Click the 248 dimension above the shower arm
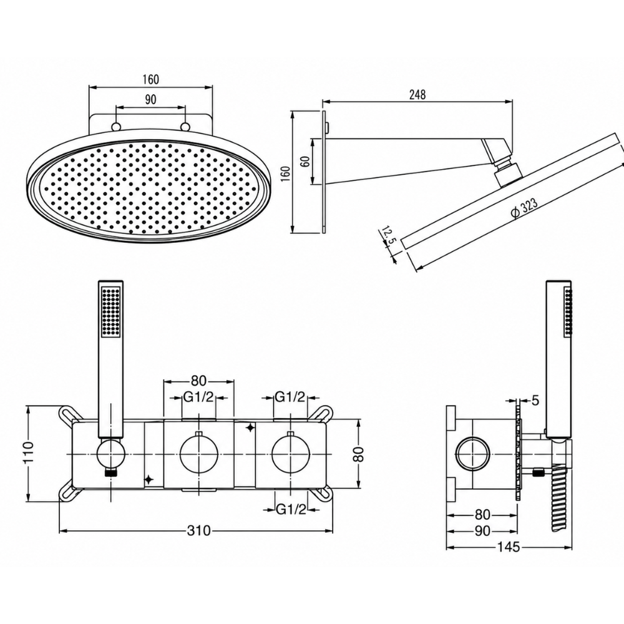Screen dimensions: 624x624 pyautogui.click(x=417, y=95)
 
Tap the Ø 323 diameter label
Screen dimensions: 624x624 pyautogui.click(x=524, y=207)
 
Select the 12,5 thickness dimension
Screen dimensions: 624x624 pyautogui.click(x=387, y=236)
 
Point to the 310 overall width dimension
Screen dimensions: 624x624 pyautogui.click(x=198, y=530)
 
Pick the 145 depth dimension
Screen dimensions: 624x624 pyautogui.click(x=508, y=547)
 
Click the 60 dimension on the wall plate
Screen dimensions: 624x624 pyautogui.click(x=305, y=162)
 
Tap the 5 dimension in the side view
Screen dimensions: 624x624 pyautogui.click(x=535, y=401)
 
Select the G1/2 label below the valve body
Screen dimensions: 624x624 pyautogui.click(x=291, y=509)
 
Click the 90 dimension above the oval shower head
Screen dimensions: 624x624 pyautogui.click(x=150, y=99)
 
